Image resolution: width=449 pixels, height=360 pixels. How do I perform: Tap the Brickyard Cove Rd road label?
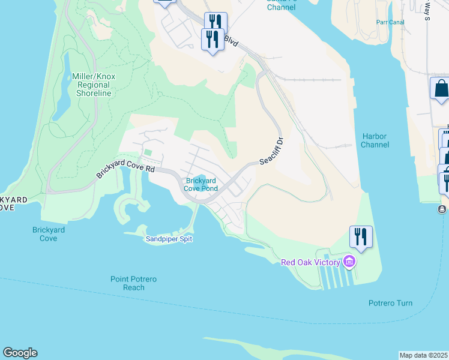tap(125, 170)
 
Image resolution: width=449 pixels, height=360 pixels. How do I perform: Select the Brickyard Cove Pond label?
tap(202, 184)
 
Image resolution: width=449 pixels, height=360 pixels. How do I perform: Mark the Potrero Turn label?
tap(390, 303)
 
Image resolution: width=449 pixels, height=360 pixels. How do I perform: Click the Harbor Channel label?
tap(375, 140)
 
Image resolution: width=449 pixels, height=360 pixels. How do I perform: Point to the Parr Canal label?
tap(391, 22)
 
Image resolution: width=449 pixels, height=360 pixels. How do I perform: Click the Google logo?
tap(20, 353)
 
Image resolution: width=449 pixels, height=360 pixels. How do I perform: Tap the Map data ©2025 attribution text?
tap(423, 355)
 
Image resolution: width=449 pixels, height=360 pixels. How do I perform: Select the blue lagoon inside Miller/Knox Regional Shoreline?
tap(62, 90)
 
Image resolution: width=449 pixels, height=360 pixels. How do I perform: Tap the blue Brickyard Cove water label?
tap(48, 234)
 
